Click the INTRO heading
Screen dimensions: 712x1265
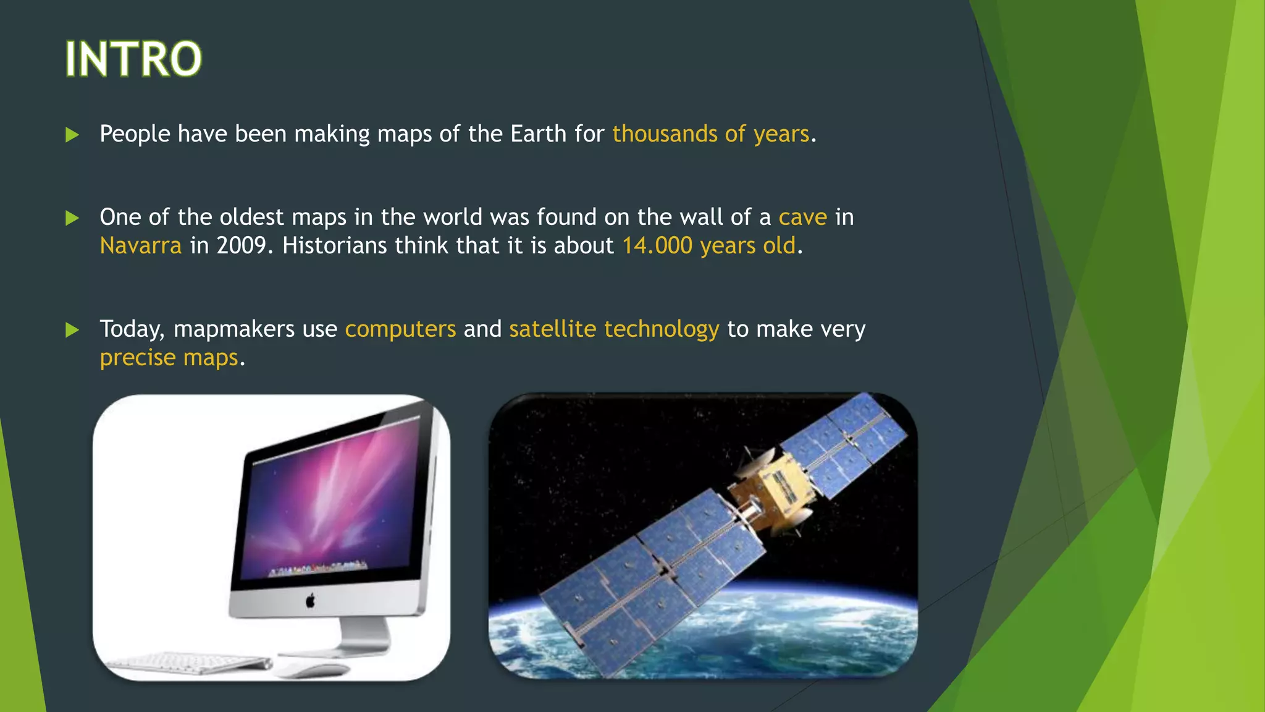133,59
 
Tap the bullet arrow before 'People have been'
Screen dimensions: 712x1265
72,135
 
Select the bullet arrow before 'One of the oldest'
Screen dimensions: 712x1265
72,218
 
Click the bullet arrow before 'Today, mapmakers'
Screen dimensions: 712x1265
72,329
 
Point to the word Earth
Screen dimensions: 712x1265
538,134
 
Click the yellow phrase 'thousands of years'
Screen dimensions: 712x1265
710,134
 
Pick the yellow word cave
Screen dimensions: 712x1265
802,218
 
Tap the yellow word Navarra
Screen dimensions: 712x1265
141,246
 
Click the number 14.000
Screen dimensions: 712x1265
657,246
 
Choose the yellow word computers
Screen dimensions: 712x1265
400,329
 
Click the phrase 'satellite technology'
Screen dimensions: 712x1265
614,329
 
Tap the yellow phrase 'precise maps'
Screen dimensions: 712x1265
169,358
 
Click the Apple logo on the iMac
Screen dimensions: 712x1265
311,600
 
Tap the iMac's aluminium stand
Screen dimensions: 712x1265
364,637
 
